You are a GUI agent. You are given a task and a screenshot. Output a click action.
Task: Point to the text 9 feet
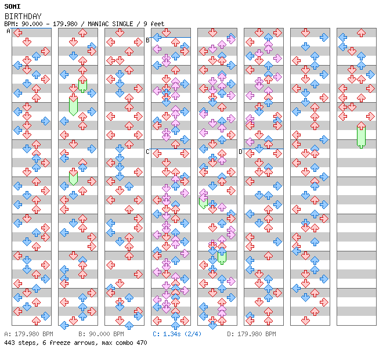[154, 24]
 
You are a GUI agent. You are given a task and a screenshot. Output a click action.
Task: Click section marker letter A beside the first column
[9, 31]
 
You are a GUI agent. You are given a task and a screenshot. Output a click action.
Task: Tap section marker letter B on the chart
[147, 40]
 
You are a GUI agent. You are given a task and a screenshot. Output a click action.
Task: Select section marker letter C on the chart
[147, 152]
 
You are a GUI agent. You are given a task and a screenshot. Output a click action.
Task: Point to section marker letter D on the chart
[240, 152]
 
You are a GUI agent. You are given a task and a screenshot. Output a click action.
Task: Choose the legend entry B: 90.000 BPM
[101, 334]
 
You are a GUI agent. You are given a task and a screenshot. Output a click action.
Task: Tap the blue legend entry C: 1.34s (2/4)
[177, 334]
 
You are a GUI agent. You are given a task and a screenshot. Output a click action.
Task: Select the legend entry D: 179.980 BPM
[251, 334]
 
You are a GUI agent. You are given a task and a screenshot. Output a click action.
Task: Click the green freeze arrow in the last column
[361, 136]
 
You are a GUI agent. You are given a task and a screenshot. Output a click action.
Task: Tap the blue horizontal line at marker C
[171, 149]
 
